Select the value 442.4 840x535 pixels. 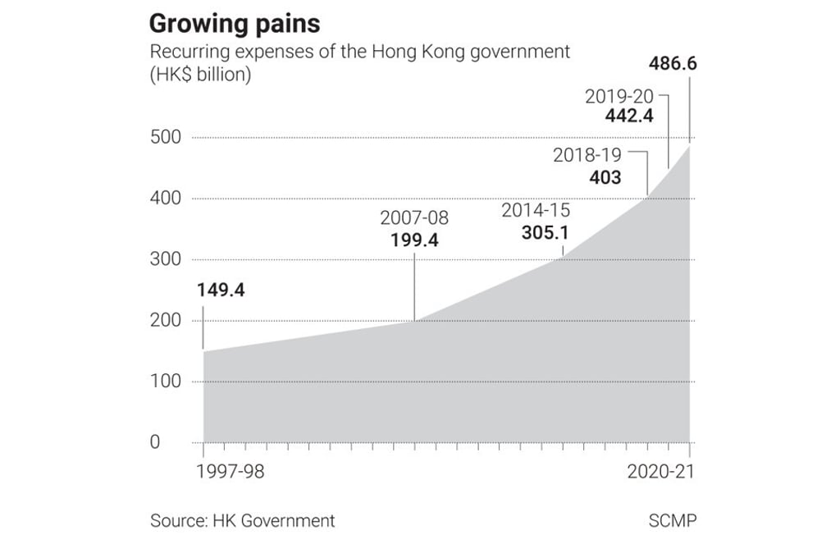click(x=628, y=117)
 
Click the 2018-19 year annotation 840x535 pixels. click(x=587, y=154)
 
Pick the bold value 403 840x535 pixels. click(x=605, y=176)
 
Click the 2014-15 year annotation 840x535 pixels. click(x=535, y=210)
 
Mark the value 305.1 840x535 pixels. click(x=545, y=232)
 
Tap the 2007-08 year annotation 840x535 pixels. click(x=414, y=218)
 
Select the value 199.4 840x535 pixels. click(x=414, y=240)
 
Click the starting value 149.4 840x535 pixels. click(x=221, y=290)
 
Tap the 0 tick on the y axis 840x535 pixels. click(x=155, y=443)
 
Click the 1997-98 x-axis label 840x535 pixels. click(x=231, y=473)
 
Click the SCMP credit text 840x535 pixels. click(x=671, y=520)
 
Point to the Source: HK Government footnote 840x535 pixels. click(x=242, y=520)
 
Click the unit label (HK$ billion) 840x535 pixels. click(x=200, y=75)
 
